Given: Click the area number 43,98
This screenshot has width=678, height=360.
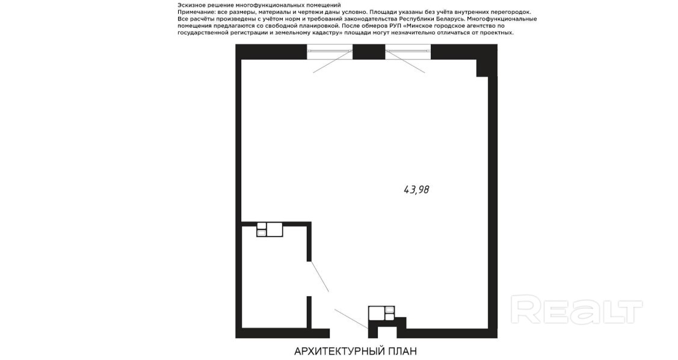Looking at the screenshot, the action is [x=416, y=190].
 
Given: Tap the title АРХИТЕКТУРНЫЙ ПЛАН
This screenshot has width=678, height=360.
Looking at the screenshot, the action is [x=356, y=351].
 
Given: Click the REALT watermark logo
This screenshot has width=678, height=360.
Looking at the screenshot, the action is [x=576, y=309].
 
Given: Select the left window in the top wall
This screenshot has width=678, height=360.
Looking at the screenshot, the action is [x=330, y=52].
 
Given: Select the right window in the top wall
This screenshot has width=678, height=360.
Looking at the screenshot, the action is [x=408, y=52].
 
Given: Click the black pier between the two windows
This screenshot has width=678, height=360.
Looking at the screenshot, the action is [x=369, y=52].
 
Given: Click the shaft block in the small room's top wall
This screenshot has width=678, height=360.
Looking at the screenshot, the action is [x=270, y=229].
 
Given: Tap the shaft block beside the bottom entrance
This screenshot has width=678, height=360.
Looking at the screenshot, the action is [x=381, y=313].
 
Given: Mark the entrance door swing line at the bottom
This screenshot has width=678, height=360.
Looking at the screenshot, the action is [x=351, y=319].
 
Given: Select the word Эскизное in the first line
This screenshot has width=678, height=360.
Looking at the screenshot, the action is [x=190, y=5].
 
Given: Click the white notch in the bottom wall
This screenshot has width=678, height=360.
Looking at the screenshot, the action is [x=387, y=331].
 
